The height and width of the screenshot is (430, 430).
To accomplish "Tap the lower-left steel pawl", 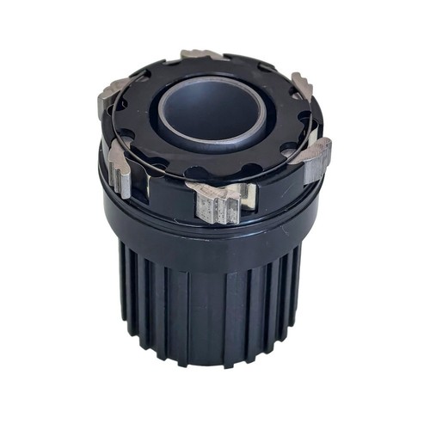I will click(x=120, y=169).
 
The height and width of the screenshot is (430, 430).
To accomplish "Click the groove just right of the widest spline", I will click(x=229, y=301).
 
